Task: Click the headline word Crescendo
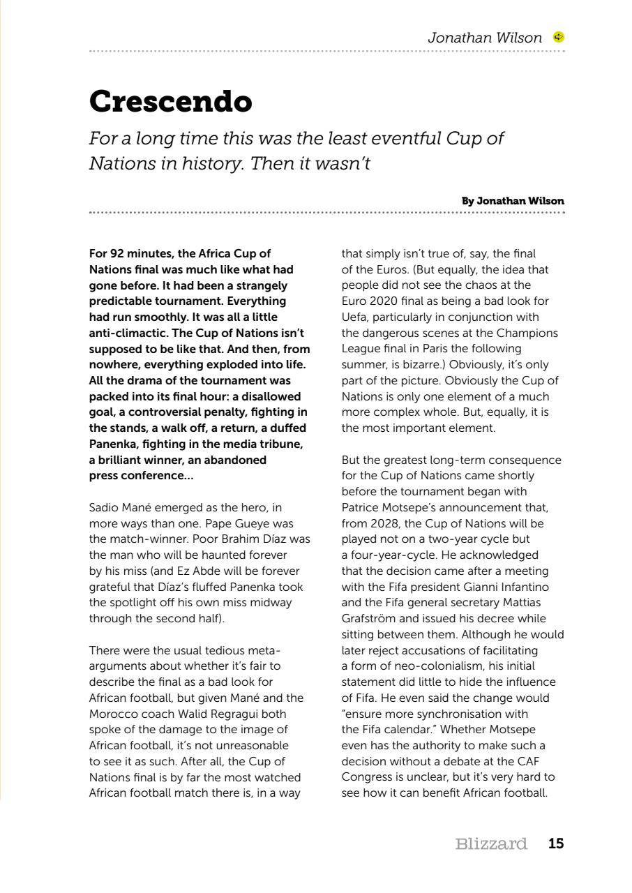(x=170, y=101)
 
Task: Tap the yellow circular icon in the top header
(x=558, y=38)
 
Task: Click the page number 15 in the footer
(x=556, y=843)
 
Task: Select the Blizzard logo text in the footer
(x=490, y=843)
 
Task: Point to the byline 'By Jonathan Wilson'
(x=513, y=201)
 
